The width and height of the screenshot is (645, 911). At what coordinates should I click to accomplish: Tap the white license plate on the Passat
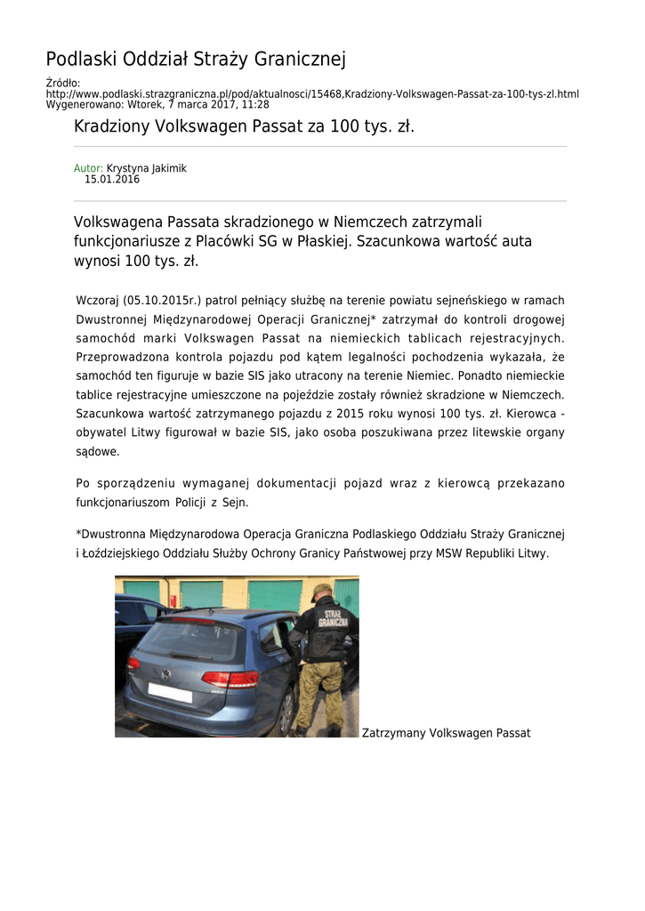pos(170,692)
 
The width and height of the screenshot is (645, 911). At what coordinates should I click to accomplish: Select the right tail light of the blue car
pos(230,680)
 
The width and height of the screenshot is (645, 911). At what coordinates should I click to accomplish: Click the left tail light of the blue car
pos(133,663)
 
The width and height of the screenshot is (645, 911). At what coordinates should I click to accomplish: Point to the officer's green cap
pos(321,590)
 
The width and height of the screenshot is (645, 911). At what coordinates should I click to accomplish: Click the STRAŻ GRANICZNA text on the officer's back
pos(334,618)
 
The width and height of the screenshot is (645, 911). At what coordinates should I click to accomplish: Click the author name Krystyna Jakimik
pos(147,168)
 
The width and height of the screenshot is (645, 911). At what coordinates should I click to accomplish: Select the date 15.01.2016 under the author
pos(112,180)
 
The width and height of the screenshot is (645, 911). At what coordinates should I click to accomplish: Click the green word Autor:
pos(88,168)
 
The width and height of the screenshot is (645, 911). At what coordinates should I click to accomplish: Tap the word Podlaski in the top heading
pos(82,60)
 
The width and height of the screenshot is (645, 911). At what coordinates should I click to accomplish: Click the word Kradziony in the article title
pos(112,127)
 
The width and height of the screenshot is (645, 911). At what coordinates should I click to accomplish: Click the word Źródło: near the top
pos(63,84)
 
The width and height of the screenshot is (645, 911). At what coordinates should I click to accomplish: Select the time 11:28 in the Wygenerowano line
pos(255,104)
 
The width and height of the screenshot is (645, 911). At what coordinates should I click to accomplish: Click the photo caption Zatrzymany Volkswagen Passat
pos(446,733)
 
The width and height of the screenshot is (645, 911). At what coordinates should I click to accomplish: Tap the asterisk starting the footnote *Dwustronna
pos(78,534)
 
